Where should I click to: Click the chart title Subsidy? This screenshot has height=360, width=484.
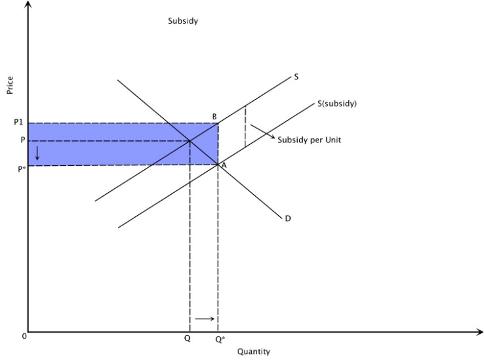(183, 21)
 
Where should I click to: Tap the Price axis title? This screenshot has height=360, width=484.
(10, 85)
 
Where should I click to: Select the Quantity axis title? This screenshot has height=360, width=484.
(253, 351)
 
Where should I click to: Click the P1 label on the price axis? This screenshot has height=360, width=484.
(18, 123)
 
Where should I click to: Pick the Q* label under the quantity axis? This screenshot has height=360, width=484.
(220, 339)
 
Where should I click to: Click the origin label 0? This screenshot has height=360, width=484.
(24, 336)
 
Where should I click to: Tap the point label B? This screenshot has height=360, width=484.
(214, 117)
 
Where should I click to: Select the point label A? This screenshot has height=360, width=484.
(224, 165)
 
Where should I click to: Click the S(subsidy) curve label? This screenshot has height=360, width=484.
(337, 103)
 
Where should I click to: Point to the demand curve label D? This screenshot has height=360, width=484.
(288, 218)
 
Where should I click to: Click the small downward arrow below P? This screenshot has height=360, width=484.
(37, 153)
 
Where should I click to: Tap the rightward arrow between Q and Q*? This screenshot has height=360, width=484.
(205, 319)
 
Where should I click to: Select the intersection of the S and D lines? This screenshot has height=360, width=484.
(190, 140)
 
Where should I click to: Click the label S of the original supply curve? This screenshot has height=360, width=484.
(296, 77)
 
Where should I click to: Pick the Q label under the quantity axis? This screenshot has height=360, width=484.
(188, 339)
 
